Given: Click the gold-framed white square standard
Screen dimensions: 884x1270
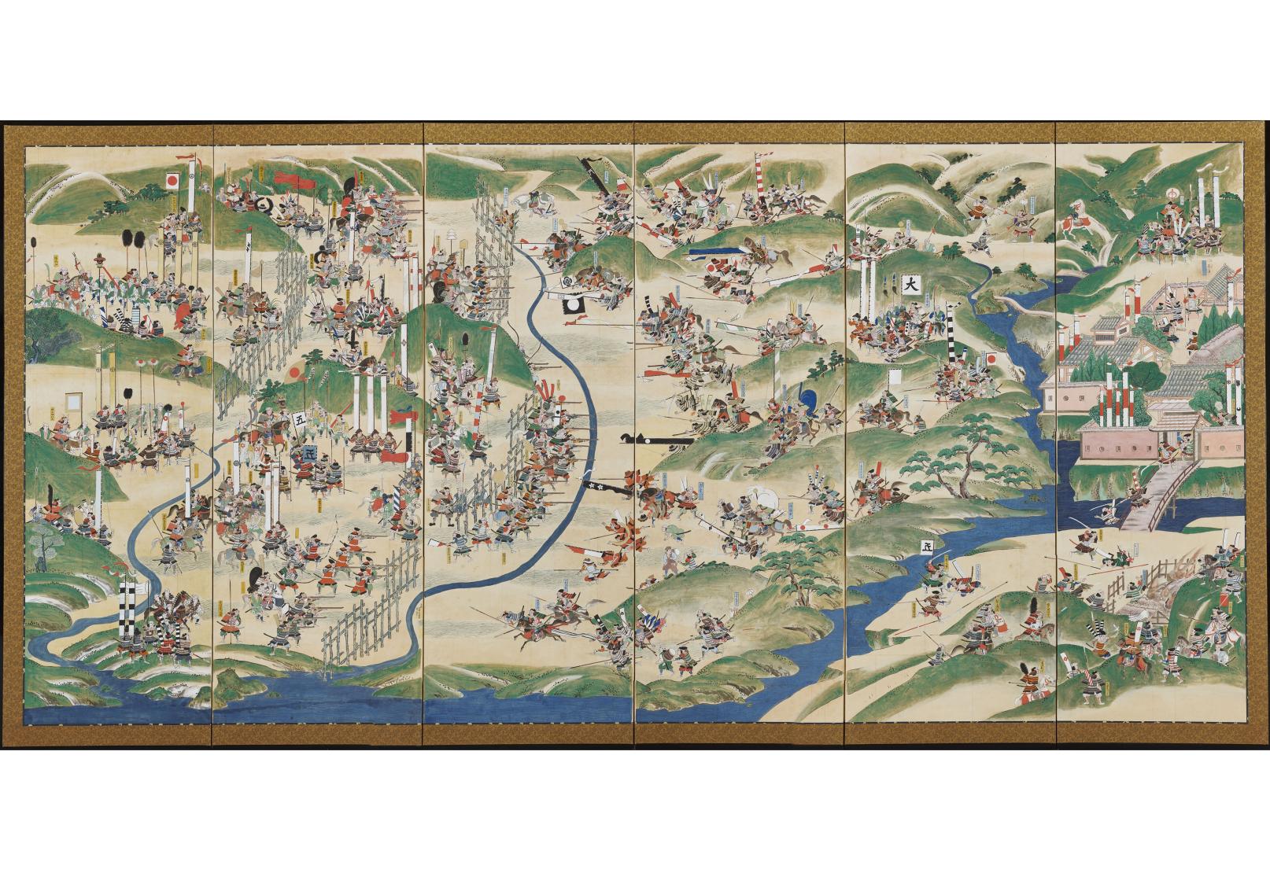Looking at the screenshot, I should [75, 402].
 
